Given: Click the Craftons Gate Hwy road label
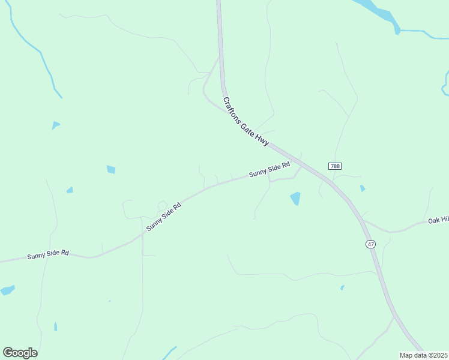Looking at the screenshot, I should [x=246, y=122].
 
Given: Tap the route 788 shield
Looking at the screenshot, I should [x=335, y=166].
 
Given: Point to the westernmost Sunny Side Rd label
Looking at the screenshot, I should [x=48, y=255].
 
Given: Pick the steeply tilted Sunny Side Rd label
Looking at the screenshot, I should [x=163, y=217].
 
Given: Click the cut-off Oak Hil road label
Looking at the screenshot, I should [x=438, y=221].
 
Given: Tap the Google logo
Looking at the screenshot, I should [x=20, y=353].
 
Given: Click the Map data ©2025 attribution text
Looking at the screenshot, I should [x=423, y=355].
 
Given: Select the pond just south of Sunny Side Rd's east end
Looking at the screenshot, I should [x=295, y=198].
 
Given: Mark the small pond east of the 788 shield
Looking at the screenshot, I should [x=363, y=188].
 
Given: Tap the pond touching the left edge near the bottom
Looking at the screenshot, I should [x=7, y=290].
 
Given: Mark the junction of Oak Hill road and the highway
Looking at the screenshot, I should [x=363, y=221].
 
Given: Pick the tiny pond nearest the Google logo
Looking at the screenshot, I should [x=55, y=326].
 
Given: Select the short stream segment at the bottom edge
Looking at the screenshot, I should [x=169, y=352].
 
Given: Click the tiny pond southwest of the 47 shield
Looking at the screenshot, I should [x=342, y=287].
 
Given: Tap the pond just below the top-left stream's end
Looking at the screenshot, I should [x=55, y=125].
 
